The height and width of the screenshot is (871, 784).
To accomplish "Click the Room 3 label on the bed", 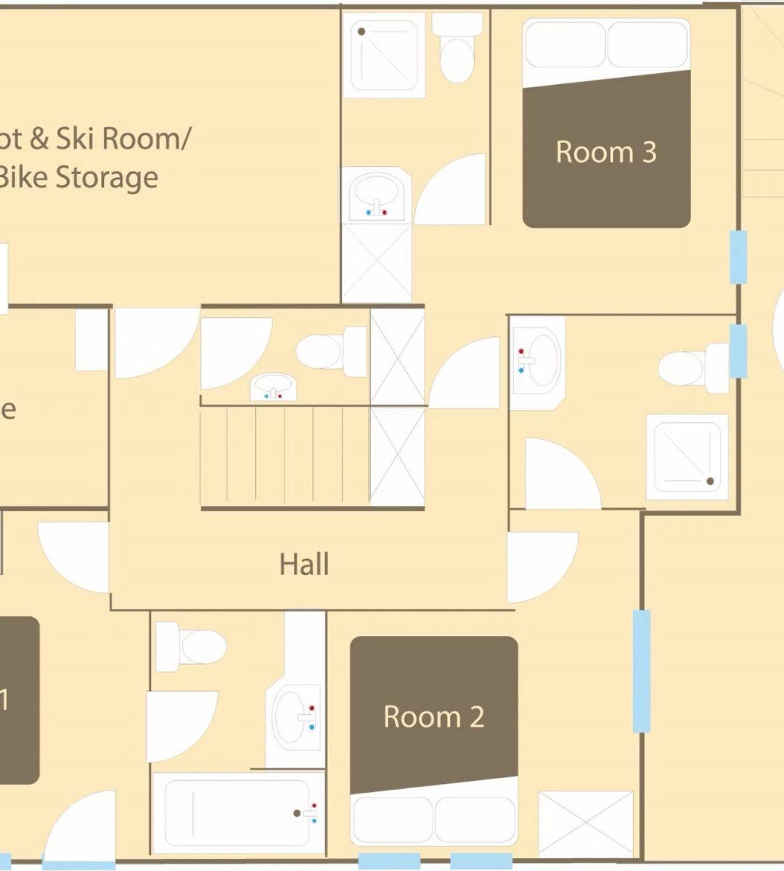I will (x=606, y=152).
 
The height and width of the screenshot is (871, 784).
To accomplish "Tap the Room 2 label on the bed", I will (x=433, y=717).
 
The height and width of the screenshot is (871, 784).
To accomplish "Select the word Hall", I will (x=304, y=564).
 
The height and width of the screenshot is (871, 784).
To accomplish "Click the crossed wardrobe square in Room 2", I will (x=586, y=824).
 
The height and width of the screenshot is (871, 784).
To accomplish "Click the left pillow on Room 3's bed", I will (x=565, y=46).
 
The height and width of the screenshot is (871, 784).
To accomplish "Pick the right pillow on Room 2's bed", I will (x=475, y=820).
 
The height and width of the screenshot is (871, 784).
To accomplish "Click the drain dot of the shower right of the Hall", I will (x=710, y=481).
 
